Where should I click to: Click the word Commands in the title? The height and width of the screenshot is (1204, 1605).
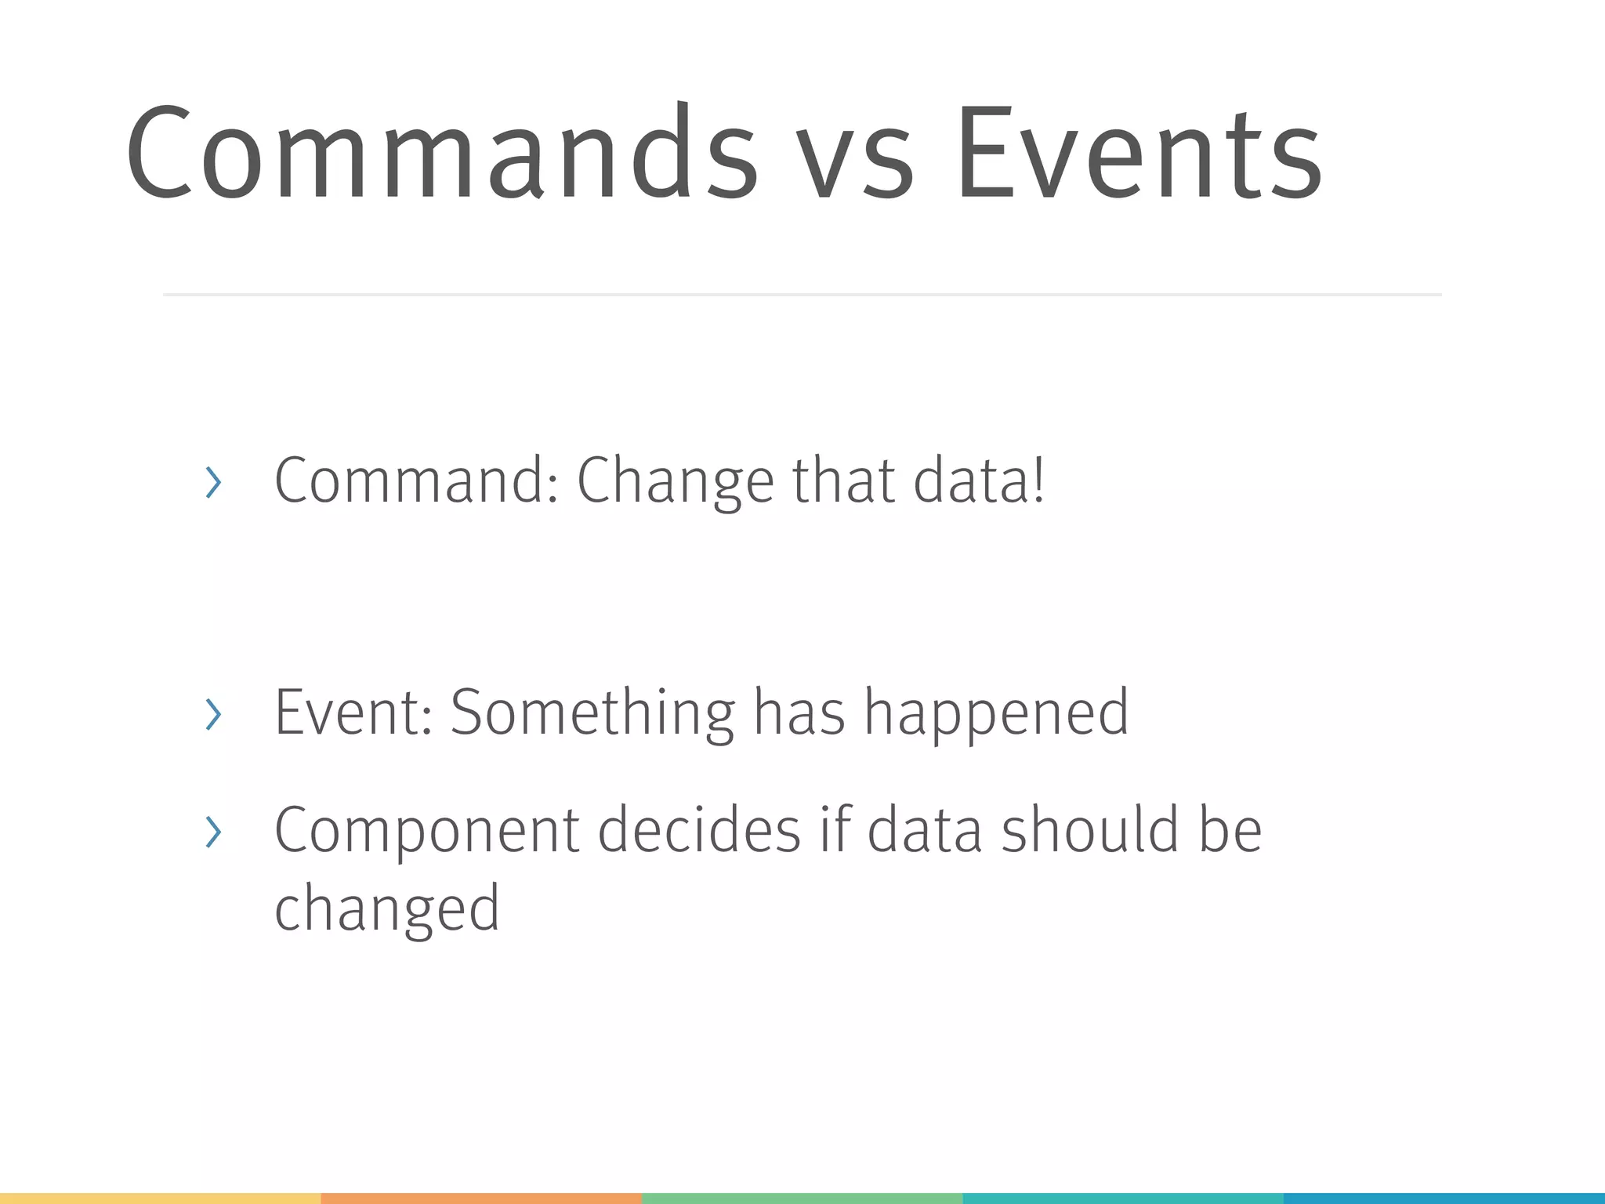441,153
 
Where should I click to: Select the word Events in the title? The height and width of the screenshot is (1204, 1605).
1139,153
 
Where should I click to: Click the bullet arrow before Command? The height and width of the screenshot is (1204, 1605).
212,482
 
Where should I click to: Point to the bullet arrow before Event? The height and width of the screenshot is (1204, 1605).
212,714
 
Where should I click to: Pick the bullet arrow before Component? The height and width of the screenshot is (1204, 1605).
212,832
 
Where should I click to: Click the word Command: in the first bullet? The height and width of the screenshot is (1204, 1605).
416,480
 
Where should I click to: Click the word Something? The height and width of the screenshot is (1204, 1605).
592,712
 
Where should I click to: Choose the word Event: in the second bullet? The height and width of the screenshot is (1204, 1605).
353,712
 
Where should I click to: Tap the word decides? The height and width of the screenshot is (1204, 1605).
699,829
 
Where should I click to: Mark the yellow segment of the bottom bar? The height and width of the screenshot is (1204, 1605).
160,1199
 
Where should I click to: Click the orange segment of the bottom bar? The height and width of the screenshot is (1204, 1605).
481,1199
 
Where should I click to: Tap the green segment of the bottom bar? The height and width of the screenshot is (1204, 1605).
802,1199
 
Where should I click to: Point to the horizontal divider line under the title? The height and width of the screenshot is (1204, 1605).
802,295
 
